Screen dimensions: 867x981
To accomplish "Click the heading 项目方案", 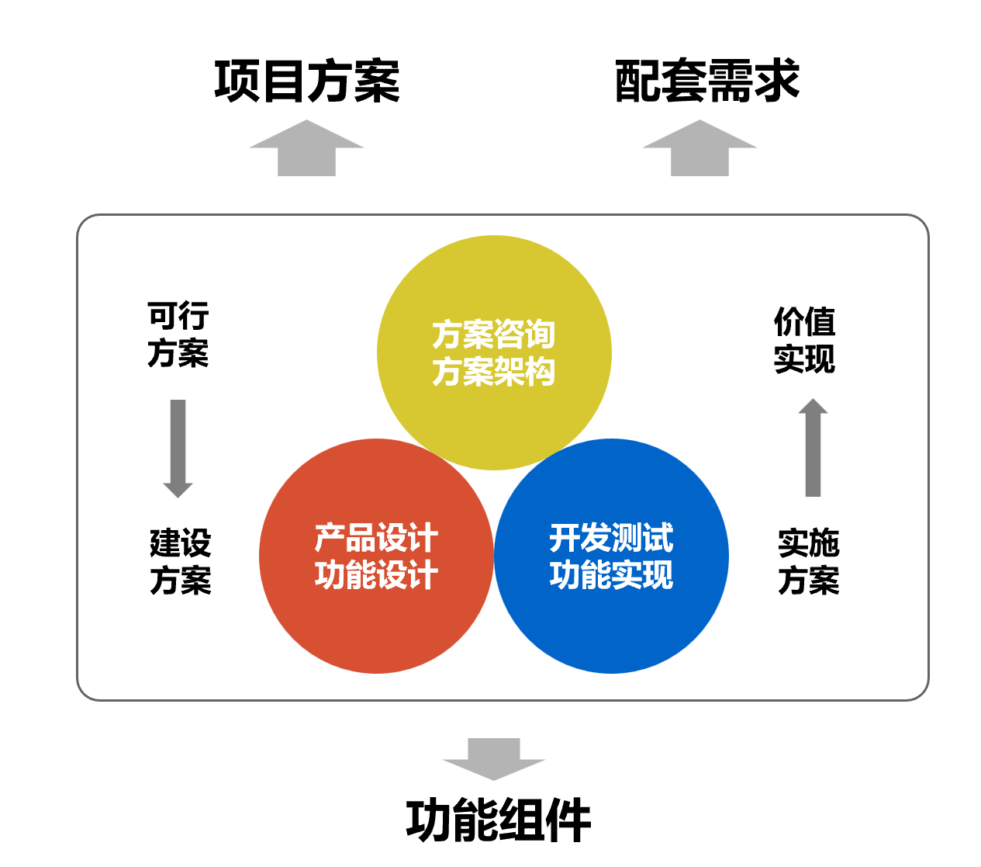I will [x=307, y=81].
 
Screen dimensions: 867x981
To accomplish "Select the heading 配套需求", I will [x=706, y=81].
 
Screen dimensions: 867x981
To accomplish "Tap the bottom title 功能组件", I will [x=498, y=820].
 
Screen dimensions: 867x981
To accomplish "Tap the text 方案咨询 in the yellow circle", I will [x=494, y=335].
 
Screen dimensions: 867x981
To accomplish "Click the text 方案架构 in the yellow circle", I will [x=494, y=372].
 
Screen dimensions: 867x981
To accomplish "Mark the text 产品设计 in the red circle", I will [x=376, y=538].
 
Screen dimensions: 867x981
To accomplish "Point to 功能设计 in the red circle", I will [x=376, y=575].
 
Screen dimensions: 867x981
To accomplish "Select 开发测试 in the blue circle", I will [x=611, y=538].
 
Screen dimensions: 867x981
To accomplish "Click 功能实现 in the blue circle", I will [x=611, y=575].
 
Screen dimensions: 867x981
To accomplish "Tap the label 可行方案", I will [x=178, y=335].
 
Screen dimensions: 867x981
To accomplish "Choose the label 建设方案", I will [x=181, y=562].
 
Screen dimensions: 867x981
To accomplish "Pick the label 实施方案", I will [x=808, y=562].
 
